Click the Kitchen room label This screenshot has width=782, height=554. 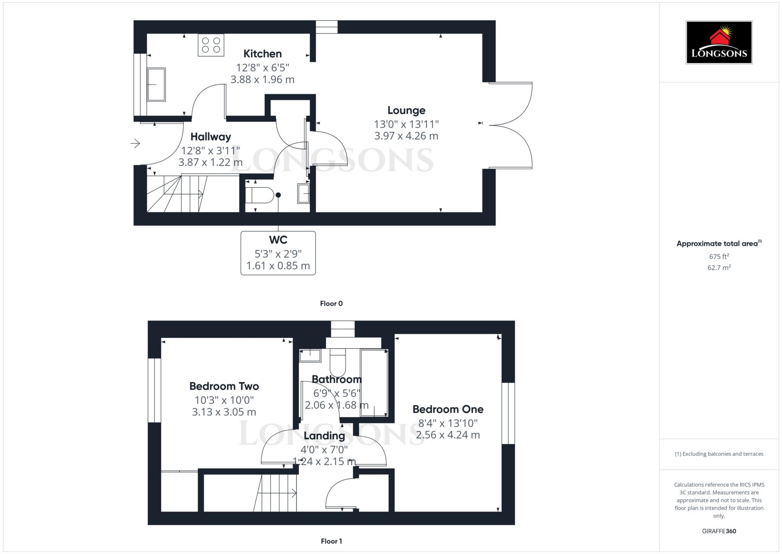point(262,54)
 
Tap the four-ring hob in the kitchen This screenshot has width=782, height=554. point(211,45)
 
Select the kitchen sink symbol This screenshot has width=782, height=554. point(156,84)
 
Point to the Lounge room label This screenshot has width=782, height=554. point(406,110)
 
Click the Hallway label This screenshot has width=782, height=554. point(211,137)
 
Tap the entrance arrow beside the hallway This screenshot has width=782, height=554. point(135,144)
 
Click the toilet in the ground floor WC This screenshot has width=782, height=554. point(260,195)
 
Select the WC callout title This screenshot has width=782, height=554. point(278,240)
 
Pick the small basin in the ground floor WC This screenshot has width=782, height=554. point(304,193)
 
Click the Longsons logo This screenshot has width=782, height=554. point(719,42)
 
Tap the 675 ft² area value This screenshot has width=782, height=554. point(719,257)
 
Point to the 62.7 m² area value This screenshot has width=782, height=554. point(719,268)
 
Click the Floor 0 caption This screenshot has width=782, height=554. point(331,304)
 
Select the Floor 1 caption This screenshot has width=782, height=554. point(331,541)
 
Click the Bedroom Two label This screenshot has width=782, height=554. point(224,386)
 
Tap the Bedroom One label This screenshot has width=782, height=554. point(448,409)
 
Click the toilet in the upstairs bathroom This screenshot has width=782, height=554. point(338,363)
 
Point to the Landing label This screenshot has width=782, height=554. point(324,436)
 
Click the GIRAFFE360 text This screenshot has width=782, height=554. point(719,531)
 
